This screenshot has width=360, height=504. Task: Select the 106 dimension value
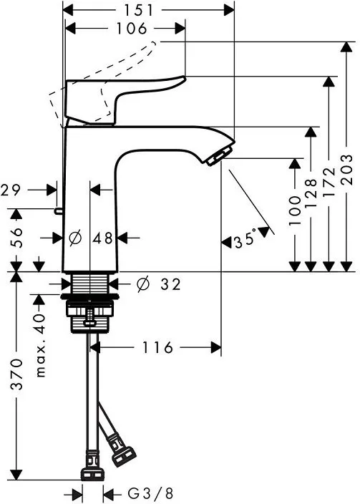(132, 29)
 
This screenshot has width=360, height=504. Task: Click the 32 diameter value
(170, 285)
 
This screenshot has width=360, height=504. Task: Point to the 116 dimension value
(158, 348)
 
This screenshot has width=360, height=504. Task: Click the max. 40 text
(40, 345)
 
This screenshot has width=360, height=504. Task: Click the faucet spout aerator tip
(219, 153)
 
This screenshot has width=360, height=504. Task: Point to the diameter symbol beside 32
(142, 285)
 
